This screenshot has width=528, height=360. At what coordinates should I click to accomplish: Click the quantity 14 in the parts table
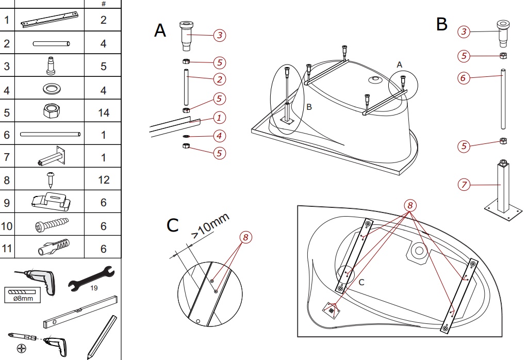pyautogui.click(x=104, y=112)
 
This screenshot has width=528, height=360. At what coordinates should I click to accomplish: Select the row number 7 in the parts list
pyautogui.click(x=7, y=157)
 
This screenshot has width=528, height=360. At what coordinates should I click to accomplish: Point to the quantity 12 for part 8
pyautogui.click(x=104, y=179)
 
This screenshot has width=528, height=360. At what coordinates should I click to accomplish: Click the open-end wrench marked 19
pyautogui.click(x=90, y=279)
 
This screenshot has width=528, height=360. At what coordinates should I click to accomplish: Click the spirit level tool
pyautogui.click(x=80, y=313)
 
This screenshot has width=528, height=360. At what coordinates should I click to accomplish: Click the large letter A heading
pyautogui.click(x=160, y=31)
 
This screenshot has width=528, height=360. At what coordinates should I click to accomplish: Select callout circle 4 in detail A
pyautogui.click(x=219, y=136)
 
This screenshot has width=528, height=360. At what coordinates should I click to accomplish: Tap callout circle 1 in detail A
pyautogui.click(x=219, y=118)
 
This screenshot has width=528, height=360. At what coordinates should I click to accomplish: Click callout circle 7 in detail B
pyautogui.click(x=464, y=184)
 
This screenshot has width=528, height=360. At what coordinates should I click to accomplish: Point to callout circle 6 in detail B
pyautogui.click(x=464, y=78)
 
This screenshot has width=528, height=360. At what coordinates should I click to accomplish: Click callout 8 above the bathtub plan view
pyautogui.click(x=410, y=205)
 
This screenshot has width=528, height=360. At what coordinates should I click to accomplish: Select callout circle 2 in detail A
pyautogui.click(x=219, y=79)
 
